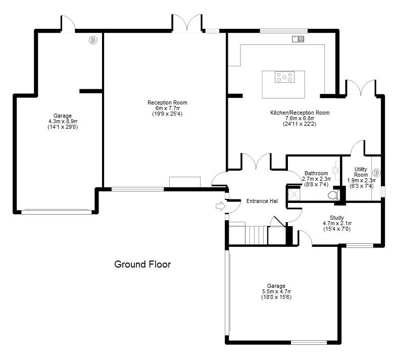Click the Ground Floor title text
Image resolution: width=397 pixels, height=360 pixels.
[x=142, y=264]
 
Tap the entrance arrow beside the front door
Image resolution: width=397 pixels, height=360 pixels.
[x=220, y=206]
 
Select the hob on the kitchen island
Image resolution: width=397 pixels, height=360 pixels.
[x=284, y=77]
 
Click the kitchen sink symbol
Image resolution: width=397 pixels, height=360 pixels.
[x=298, y=39]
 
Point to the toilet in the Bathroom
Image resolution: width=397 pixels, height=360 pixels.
[x=333, y=195]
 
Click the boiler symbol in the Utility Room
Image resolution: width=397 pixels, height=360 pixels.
[x=376, y=173]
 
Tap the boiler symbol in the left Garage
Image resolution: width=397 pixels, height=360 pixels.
[x=93, y=40]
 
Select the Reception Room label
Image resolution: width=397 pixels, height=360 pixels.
[x=167, y=102]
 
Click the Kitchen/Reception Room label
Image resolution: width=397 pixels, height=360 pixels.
[x=300, y=113]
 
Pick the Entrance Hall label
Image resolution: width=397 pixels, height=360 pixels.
[x=262, y=201]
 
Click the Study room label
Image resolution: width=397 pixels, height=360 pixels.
[x=337, y=218]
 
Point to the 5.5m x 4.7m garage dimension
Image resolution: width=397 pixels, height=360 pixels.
[x=276, y=291]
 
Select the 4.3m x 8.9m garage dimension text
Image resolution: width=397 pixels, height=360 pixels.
[x=63, y=121]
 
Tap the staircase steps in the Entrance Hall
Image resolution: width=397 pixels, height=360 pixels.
[x=256, y=235]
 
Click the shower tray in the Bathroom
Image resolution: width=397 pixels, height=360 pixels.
[x=294, y=194]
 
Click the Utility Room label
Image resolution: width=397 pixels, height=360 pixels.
[x=361, y=172]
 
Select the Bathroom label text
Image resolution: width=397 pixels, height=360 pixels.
[x=316, y=173]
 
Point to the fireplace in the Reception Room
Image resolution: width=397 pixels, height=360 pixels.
[x=185, y=182]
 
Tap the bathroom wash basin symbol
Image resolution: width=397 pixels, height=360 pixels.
[x=337, y=170]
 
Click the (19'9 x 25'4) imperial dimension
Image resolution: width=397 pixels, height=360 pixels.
[x=167, y=114]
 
